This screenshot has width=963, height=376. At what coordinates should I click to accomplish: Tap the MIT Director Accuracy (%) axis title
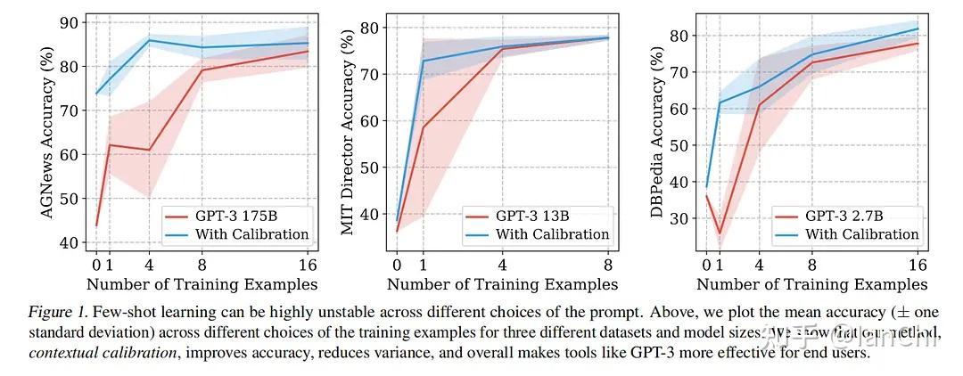click(x=349, y=134)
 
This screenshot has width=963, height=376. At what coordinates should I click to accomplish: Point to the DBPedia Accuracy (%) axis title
click(x=658, y=134)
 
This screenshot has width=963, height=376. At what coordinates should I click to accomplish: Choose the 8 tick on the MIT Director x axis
click(x=608, y=265)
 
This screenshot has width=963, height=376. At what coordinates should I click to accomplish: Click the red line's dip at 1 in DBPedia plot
click(x=720, y=233)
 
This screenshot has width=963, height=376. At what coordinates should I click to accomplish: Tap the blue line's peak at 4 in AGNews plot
click(x=149, y=40)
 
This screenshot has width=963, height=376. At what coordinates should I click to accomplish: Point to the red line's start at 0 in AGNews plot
click(x=96, y=225)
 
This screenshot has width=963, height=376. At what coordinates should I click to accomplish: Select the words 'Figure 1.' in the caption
click(x=55, y=314)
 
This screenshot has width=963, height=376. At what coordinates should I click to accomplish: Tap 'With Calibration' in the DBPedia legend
click(x=861, y=234)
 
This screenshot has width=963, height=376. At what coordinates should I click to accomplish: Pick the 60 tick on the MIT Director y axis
click(x=371, y=120)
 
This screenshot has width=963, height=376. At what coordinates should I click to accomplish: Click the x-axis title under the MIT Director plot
click(x=502, y=284)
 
